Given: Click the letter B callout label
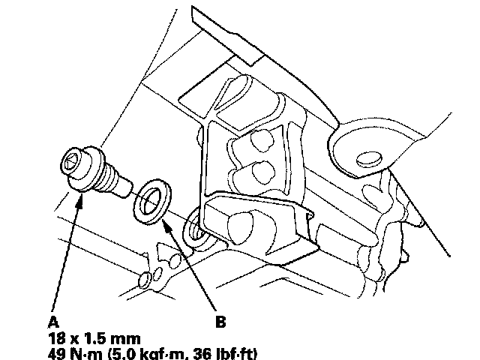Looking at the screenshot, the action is (x=220, y=322).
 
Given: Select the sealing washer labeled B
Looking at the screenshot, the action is (x=150, y=199).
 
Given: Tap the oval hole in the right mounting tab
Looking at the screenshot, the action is (x=368, y=158).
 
